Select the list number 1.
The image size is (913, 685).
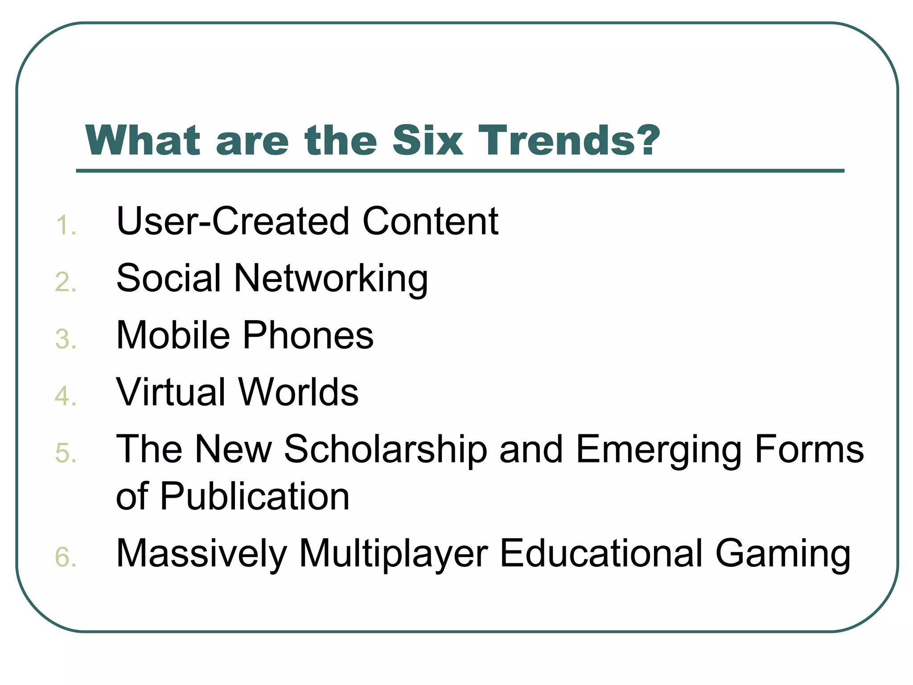pyautogui.click(x=66, y=225)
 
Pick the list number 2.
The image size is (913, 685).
pyautogui.click(x=66, y=282)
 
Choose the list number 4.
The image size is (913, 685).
pyautogui.click(x=66, y=396)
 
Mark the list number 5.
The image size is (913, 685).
pyautogui.click(x=66, y=453)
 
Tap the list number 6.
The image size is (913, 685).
pyautogui.click(x=66, y=557)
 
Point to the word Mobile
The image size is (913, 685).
pyautogui.click(x=173, y=335)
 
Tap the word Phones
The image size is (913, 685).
pyautogui.click(x=308, y=335)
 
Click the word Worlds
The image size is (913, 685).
pyautogui.click(x=298, y=392)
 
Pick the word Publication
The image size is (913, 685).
pyautogui.click(x=255, y=496)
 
